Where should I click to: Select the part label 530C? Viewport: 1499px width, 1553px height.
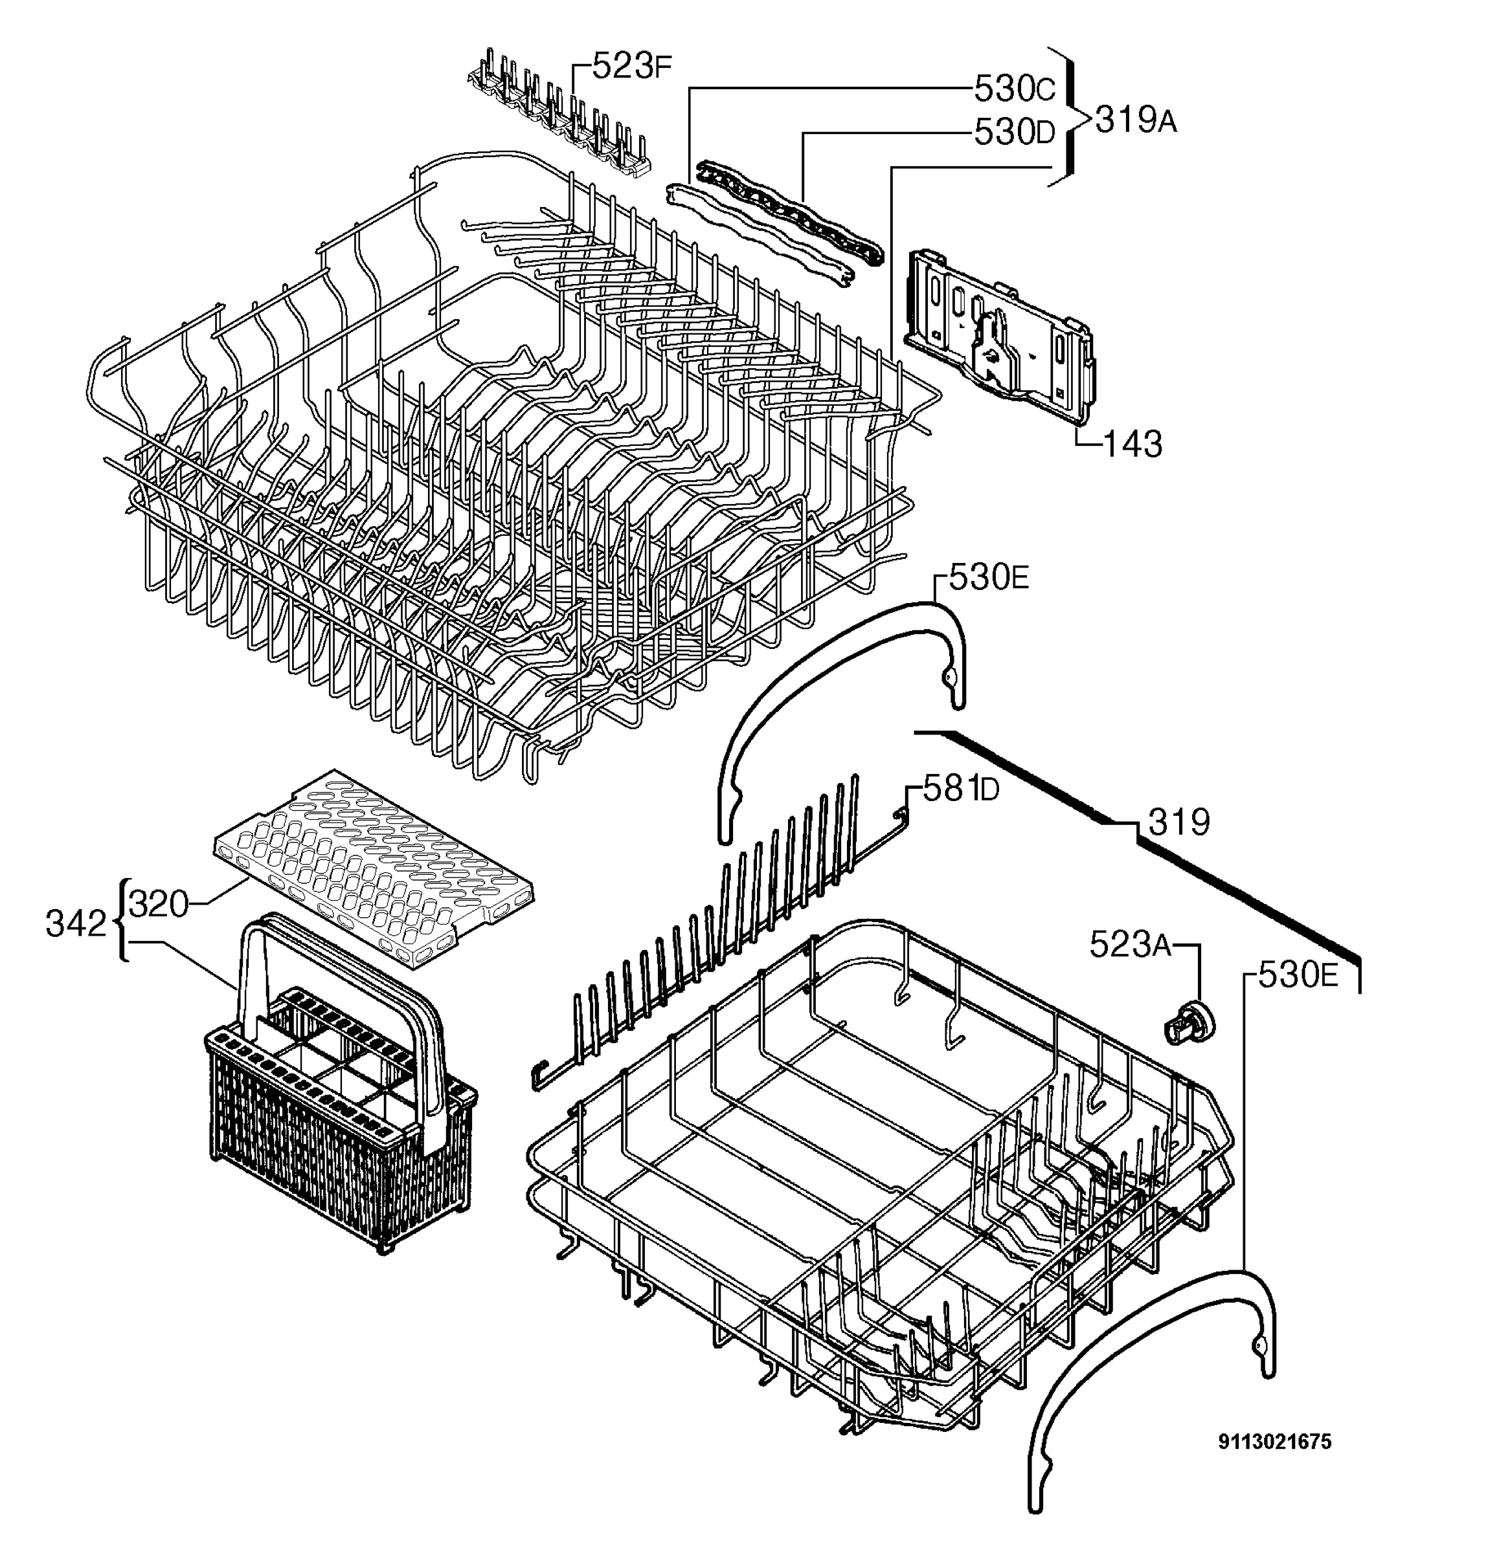[x=1015, y=89]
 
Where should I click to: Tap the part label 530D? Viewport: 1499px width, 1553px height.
[x=1015, y=132]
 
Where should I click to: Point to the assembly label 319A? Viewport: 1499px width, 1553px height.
[x=1136, y=120]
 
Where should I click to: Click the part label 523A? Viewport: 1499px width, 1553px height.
[x=1131, y=943]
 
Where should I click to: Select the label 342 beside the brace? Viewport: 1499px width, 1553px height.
[x=76, y=924]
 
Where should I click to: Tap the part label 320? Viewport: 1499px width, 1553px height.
[x=159, y=903]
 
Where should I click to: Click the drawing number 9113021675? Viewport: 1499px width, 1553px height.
[x=1275, y=1441]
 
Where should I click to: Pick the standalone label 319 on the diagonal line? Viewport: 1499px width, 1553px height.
[x=1178, y=822]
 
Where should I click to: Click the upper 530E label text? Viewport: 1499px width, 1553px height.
[x=989, y=579]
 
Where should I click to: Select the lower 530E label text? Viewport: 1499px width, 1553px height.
[x=1298, y=977]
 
